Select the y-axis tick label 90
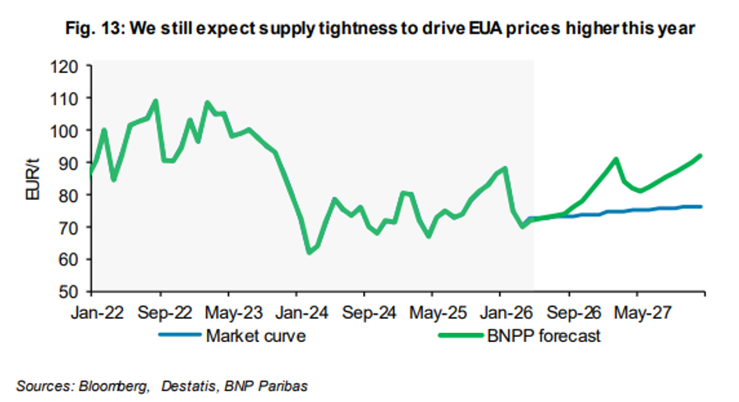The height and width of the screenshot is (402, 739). [69, 164]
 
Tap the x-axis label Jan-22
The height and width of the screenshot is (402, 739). [98, 313]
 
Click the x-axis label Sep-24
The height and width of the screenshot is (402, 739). [369, 313]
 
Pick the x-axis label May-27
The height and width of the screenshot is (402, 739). [642, 313]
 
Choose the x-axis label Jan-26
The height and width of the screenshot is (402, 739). [506, 313]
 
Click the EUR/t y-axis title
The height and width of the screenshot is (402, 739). [33, 179]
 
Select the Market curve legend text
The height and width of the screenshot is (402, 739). [256, 336]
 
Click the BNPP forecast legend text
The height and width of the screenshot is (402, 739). [544, 336]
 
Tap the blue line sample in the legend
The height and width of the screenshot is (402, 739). [181, 335]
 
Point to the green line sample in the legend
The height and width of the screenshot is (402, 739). [461, 335]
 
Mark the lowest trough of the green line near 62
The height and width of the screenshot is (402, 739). [310, 253]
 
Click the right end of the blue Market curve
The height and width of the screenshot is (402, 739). [701, 206]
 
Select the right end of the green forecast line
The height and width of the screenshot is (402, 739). [700, 155]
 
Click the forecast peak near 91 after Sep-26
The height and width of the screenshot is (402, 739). [616, 159]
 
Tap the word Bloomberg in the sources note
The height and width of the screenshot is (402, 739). [113, 386]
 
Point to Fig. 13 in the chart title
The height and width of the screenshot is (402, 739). [94, 28]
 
